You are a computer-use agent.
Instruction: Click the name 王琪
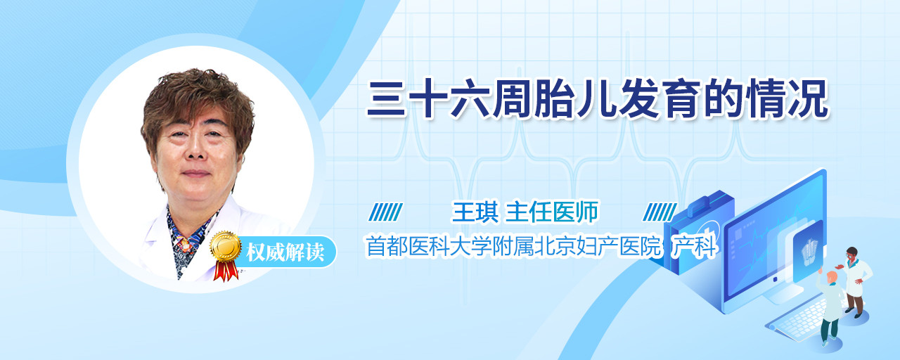pyautogui.click(x=475, y=212)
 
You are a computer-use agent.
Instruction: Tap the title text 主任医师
pyautogui.click(x=552, y=212)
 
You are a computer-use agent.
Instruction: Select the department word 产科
pyautogui.click(x=694, y=246)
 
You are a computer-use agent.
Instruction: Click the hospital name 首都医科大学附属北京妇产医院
pyautogui.click(x=513, y=246)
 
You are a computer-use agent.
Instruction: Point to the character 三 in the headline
pyautogui.click(x=387, y=99)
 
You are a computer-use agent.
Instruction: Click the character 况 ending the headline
pyautogui.click(x=808, y=99)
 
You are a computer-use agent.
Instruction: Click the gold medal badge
pyautogui.click(x=226, y=246)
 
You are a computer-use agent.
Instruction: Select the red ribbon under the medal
pyautogui.click(x=226, y=270)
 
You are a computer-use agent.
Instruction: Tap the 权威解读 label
pyautogui.click(x=285, y=252)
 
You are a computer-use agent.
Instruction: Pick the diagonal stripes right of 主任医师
pyautogui.click(x=660, y=212)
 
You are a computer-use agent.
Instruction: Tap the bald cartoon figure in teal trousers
pyautogui.click(x=830, y=308)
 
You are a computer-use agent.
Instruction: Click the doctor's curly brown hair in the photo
pyautogui.click(x=197, y=103)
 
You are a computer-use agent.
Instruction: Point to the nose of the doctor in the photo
pyautogui.click(x=195, y=150)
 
